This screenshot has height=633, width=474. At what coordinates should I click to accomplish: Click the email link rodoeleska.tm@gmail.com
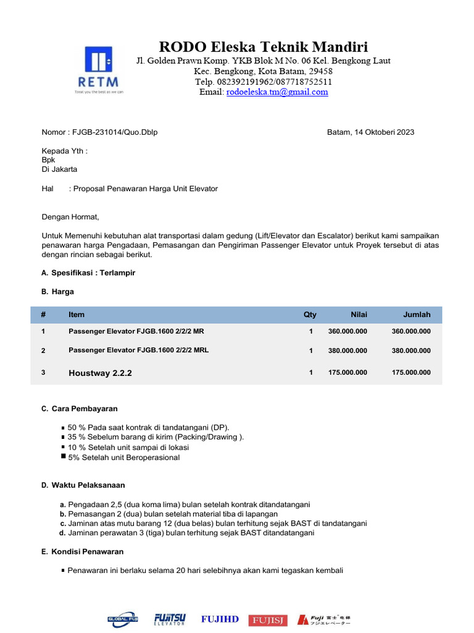277,92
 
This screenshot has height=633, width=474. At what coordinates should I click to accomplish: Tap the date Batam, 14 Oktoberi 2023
370,132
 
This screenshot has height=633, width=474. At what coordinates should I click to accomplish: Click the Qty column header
310,315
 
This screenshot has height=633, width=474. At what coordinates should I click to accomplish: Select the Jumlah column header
417,315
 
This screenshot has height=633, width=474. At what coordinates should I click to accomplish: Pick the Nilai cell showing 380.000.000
347,350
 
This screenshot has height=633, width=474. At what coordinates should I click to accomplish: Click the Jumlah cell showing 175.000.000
411,373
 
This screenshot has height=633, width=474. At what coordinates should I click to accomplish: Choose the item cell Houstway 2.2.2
100,373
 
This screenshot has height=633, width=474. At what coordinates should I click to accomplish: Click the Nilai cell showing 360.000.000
347,331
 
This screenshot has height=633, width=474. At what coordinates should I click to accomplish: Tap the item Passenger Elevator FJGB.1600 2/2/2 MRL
138,350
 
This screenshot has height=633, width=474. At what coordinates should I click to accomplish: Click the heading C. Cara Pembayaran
80,409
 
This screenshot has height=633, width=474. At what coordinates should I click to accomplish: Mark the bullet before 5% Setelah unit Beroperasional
64,457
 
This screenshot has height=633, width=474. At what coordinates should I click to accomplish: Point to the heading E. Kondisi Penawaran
82,551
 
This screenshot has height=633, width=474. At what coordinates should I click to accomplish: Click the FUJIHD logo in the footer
220,619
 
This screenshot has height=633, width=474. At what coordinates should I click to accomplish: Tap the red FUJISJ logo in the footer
268,620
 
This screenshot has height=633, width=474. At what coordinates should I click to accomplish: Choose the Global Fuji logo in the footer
123,619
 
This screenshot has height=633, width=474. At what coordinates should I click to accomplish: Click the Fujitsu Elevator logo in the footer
169,619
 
